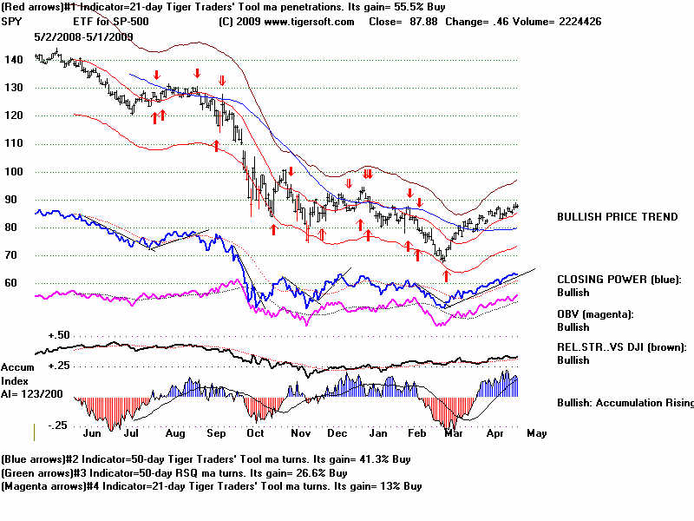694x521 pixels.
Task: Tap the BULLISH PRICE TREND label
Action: [x=618, y=217]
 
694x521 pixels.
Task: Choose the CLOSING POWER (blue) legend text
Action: [x=619, y=280]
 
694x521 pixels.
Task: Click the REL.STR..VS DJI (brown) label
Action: [x=622, y=347]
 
